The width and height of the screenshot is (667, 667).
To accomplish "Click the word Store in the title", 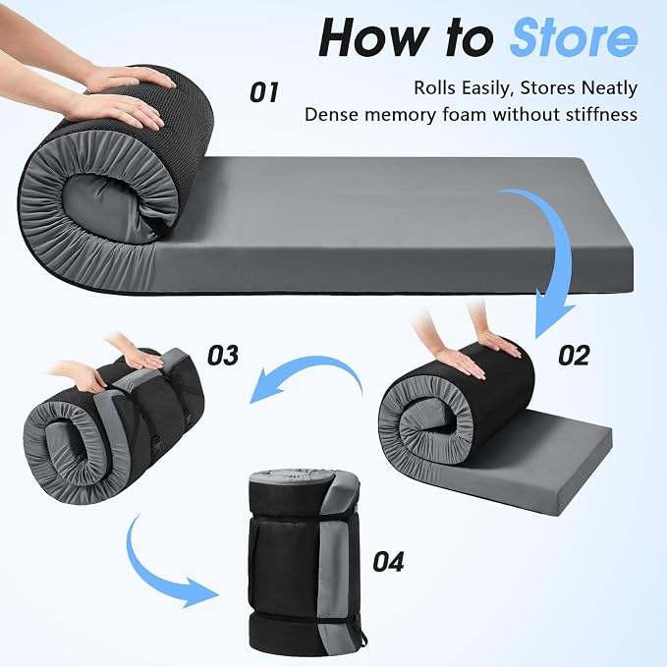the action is tap(574, 38).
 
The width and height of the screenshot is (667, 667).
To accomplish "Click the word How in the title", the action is tap(373, 38).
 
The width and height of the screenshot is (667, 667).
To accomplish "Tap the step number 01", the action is tap(264, 92).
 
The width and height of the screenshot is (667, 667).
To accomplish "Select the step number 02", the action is tap(574, 356).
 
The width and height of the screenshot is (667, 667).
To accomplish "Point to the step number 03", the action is tap(223, 356).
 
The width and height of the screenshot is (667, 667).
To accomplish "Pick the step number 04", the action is tap(388, 562).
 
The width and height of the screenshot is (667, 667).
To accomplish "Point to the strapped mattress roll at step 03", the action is tap(114, 425).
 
